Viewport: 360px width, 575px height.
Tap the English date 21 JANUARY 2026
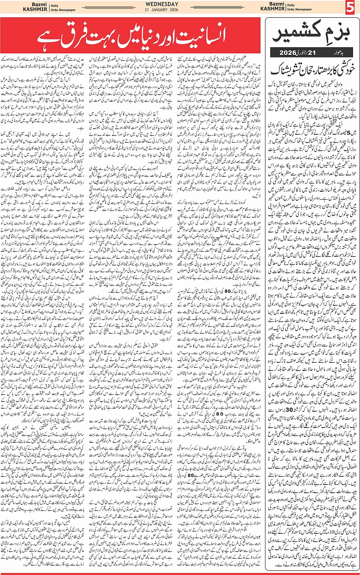click(180, 11)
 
